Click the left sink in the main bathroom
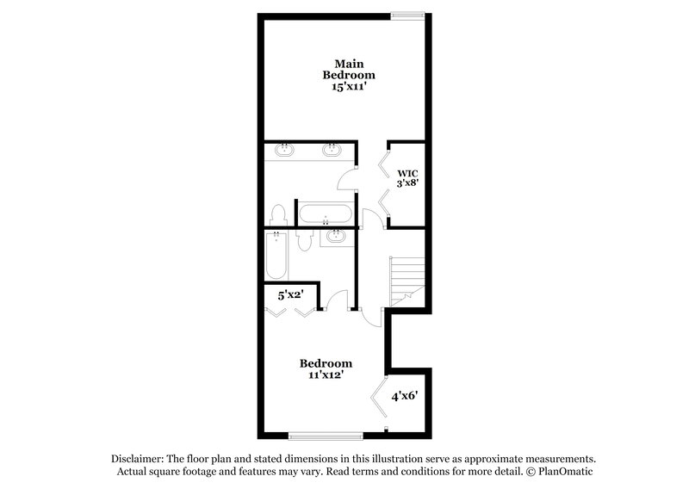click(284, 151)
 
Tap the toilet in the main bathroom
click(278, 213)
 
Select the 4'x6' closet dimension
click(405, 397)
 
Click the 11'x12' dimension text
click(326, 374)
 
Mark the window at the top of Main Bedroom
click(407, 13)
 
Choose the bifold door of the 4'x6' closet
click(378, 400)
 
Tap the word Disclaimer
click(140, 459)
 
